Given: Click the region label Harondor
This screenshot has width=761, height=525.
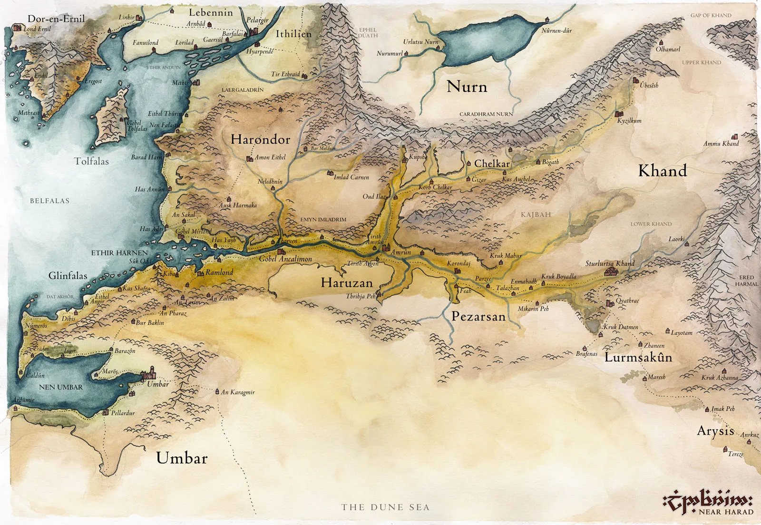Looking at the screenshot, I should [260, 139].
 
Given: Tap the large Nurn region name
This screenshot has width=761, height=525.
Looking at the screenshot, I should [467, 87].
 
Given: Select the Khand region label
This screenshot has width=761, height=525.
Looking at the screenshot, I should [662, 171].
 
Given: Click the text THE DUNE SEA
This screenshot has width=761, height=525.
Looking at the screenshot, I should [385, 507].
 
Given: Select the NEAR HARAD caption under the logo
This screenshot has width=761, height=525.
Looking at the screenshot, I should [726, 512].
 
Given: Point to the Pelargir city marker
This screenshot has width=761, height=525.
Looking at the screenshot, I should [253, 31].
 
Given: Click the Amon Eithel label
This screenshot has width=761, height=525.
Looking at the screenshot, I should [270, 157].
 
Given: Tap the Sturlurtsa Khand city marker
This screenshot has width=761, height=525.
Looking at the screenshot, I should [610, 272].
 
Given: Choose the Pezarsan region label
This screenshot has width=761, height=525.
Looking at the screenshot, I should [478, 317].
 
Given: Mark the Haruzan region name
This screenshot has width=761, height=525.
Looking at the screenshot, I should [347, 283].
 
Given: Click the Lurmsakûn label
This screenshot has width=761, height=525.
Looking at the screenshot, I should [638, 358].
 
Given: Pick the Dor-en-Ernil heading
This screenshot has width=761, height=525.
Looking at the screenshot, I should [56, 19].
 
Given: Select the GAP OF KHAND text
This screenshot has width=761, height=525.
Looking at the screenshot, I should [711, 15].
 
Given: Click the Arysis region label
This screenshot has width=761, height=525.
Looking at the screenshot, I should [715, 431].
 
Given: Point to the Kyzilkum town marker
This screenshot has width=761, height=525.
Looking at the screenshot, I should [619, 114].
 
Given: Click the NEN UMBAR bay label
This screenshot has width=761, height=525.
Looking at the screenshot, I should [60, 387].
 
